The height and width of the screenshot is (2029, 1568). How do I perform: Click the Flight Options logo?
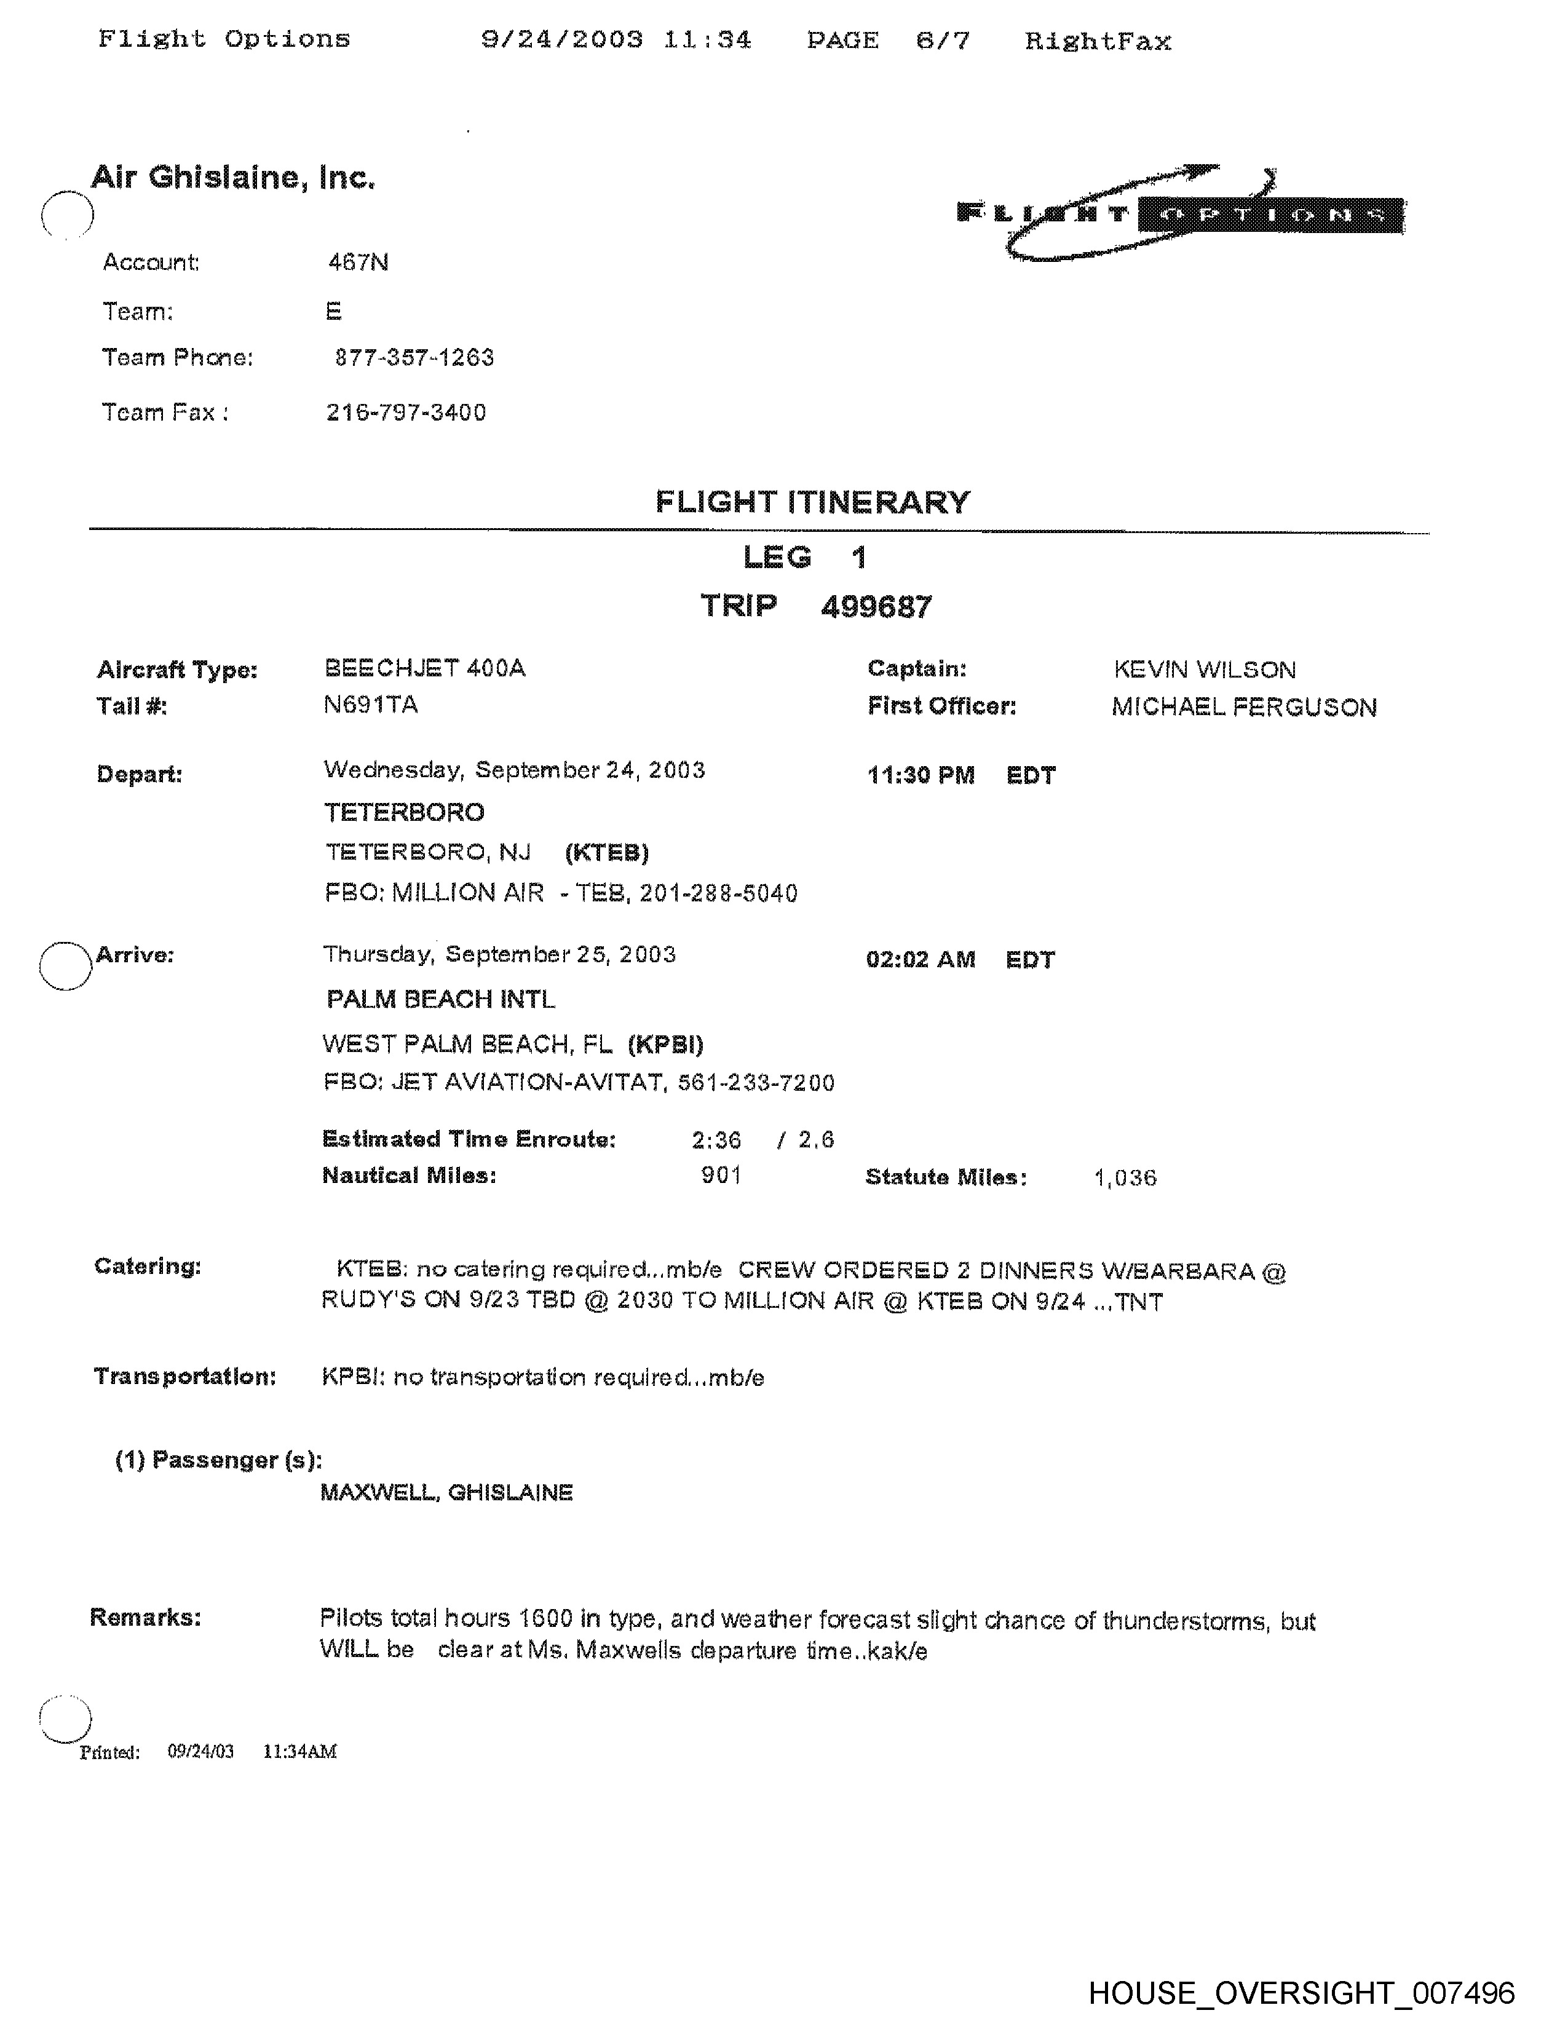point(1180,214)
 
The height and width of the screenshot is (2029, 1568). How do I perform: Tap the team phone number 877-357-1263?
point(414,358)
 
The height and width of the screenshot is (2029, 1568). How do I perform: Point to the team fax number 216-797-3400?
point(406,413)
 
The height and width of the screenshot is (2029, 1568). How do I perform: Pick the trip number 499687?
point(876,607)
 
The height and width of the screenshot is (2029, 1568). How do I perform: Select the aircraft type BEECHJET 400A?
point(424,668)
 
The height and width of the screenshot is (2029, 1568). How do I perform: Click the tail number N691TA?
point(371,705)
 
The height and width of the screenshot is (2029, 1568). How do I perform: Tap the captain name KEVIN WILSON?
point(1204,670)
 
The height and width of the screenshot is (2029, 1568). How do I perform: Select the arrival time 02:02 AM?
point(921,960)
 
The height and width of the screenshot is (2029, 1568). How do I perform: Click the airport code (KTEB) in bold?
point(606,853)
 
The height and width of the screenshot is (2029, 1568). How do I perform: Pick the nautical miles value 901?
point(721,1175)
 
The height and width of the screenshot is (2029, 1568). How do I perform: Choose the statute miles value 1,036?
point(1125,1178)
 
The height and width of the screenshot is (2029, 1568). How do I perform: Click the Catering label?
point(148,1266)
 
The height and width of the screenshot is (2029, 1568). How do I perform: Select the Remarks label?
point(145,1618)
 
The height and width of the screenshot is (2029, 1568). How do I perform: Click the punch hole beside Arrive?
point(65,965)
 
